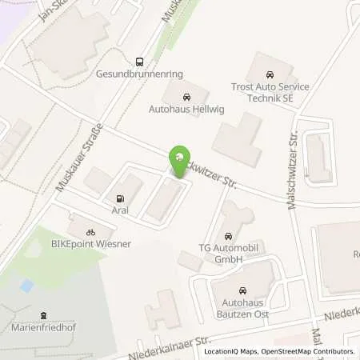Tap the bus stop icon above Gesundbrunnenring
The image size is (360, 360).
[x=140, y=61]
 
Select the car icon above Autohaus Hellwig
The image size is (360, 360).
[x=187, y=94]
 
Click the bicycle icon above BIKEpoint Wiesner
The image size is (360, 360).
[x=91, y=232]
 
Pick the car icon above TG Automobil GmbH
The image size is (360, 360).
[x=230, y=237]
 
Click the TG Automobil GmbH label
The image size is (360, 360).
[x=230, y=255]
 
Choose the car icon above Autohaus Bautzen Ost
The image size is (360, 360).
[x=240, y=292]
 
